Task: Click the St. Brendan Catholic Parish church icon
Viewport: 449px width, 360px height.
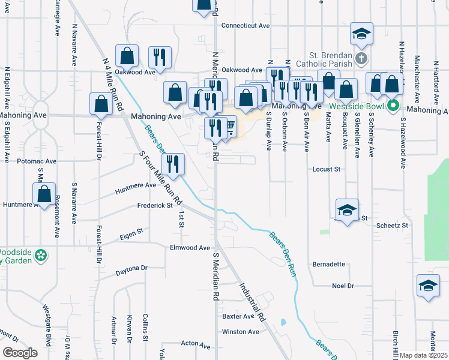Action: pos(361,59)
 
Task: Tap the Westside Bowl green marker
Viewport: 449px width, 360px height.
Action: pos(394,107)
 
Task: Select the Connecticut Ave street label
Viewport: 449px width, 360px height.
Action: pos(246,26)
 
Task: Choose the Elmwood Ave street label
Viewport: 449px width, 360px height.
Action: pos(190,248)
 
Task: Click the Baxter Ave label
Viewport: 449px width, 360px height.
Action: pos(238,316)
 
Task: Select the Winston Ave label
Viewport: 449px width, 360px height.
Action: pos(240,332)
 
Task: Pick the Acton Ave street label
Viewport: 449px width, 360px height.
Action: pos(196,346)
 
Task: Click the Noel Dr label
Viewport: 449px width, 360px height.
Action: pos(343,286)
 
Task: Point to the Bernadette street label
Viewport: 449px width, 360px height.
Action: pos(329,264)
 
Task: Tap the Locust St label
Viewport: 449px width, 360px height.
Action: pos(327,170)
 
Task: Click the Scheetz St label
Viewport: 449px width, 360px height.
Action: pos(392,226)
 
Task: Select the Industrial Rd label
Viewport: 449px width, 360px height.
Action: pos(252,302)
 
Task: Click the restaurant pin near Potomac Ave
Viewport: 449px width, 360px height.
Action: pos(172,164)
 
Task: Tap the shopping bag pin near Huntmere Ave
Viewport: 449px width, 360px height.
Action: pos(44,194)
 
